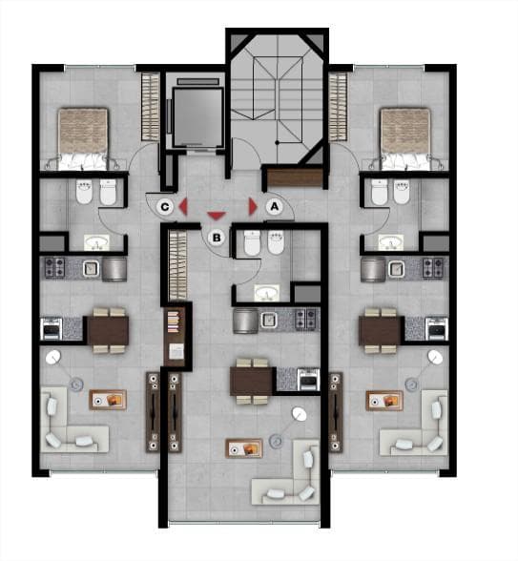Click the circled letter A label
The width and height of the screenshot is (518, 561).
(275, 206)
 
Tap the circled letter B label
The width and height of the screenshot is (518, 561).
(217, 238)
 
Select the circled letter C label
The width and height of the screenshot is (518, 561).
(165, 207)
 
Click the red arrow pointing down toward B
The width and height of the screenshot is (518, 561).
(217, 216)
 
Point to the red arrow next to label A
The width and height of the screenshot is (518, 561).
(253, 206)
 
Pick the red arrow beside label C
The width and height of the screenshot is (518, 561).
(183, 207)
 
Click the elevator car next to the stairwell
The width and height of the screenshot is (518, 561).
(197, 117)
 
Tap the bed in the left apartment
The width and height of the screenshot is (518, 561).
(83, 138)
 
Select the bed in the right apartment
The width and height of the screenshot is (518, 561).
(404, 138)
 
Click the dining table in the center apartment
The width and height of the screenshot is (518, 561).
(252, 382)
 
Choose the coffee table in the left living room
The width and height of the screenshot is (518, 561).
(108, 400)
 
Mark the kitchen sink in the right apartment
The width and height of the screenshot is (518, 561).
(396, 269)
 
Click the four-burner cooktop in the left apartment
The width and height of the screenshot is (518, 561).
(54, 268)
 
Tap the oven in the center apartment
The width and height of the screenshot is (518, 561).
(308, 380)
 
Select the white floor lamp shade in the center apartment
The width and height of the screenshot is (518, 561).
(300, 414)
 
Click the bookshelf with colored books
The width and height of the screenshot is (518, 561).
(175, 322)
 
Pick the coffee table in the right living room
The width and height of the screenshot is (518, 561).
(384, 401)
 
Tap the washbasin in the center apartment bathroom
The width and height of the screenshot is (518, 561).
(267, 292)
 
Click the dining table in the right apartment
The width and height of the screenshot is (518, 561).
(381, 330)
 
